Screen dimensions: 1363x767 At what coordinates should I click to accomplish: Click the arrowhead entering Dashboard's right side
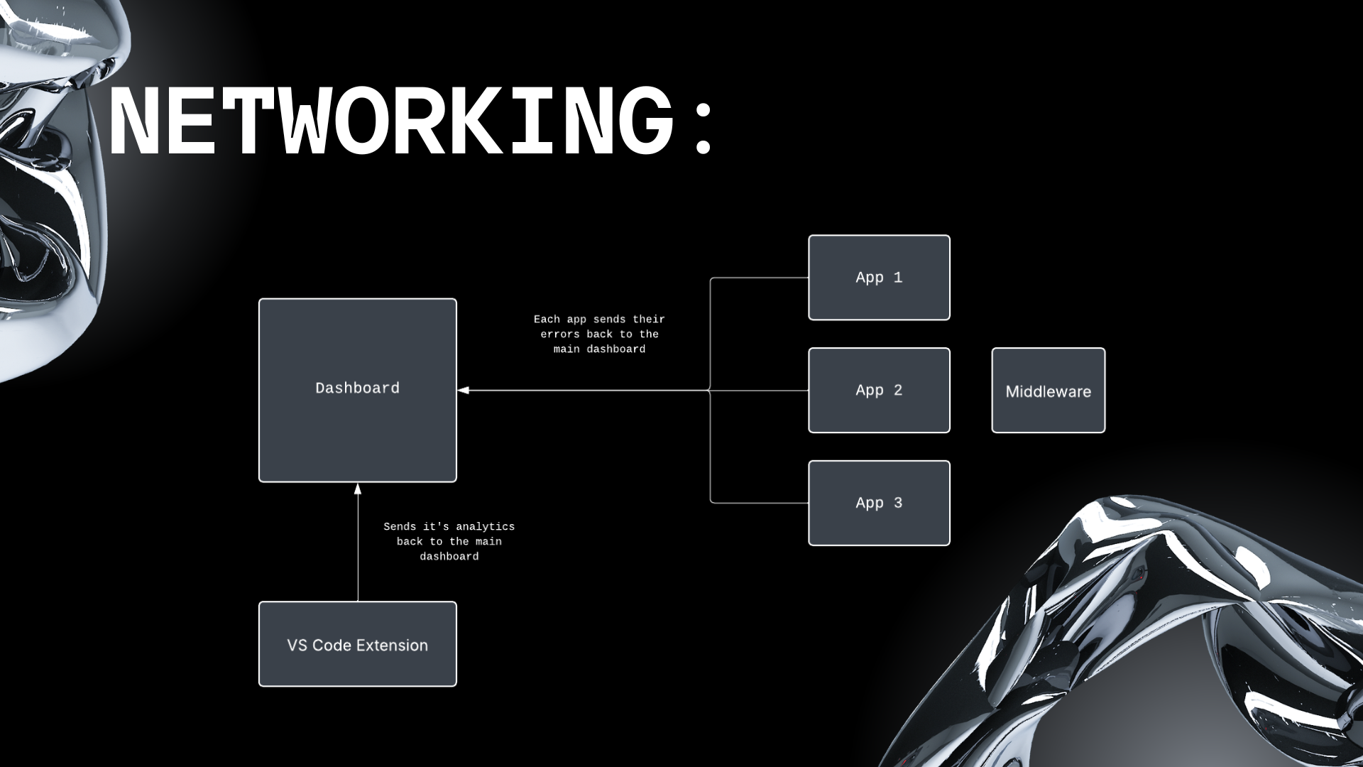click(x=464, y=390)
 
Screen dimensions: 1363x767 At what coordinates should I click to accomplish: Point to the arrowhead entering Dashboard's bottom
click(x=358, y=489)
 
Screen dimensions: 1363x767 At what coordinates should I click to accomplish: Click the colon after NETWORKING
click(x=704, y=129)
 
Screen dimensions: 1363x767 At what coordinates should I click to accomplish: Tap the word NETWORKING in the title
click(x=390, y=121)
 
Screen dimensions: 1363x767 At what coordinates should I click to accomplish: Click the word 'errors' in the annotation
click(x=560, y=334)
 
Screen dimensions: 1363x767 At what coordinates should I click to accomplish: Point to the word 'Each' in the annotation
click(x=547, y=320)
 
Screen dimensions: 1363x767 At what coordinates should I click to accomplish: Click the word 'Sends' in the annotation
click(x=400, y=527)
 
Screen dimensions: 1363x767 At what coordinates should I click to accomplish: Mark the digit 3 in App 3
click(x=898, y=503)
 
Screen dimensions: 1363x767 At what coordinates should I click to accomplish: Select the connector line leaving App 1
click(x=760, y=278)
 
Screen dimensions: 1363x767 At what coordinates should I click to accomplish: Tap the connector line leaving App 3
click(x=760, y=503)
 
